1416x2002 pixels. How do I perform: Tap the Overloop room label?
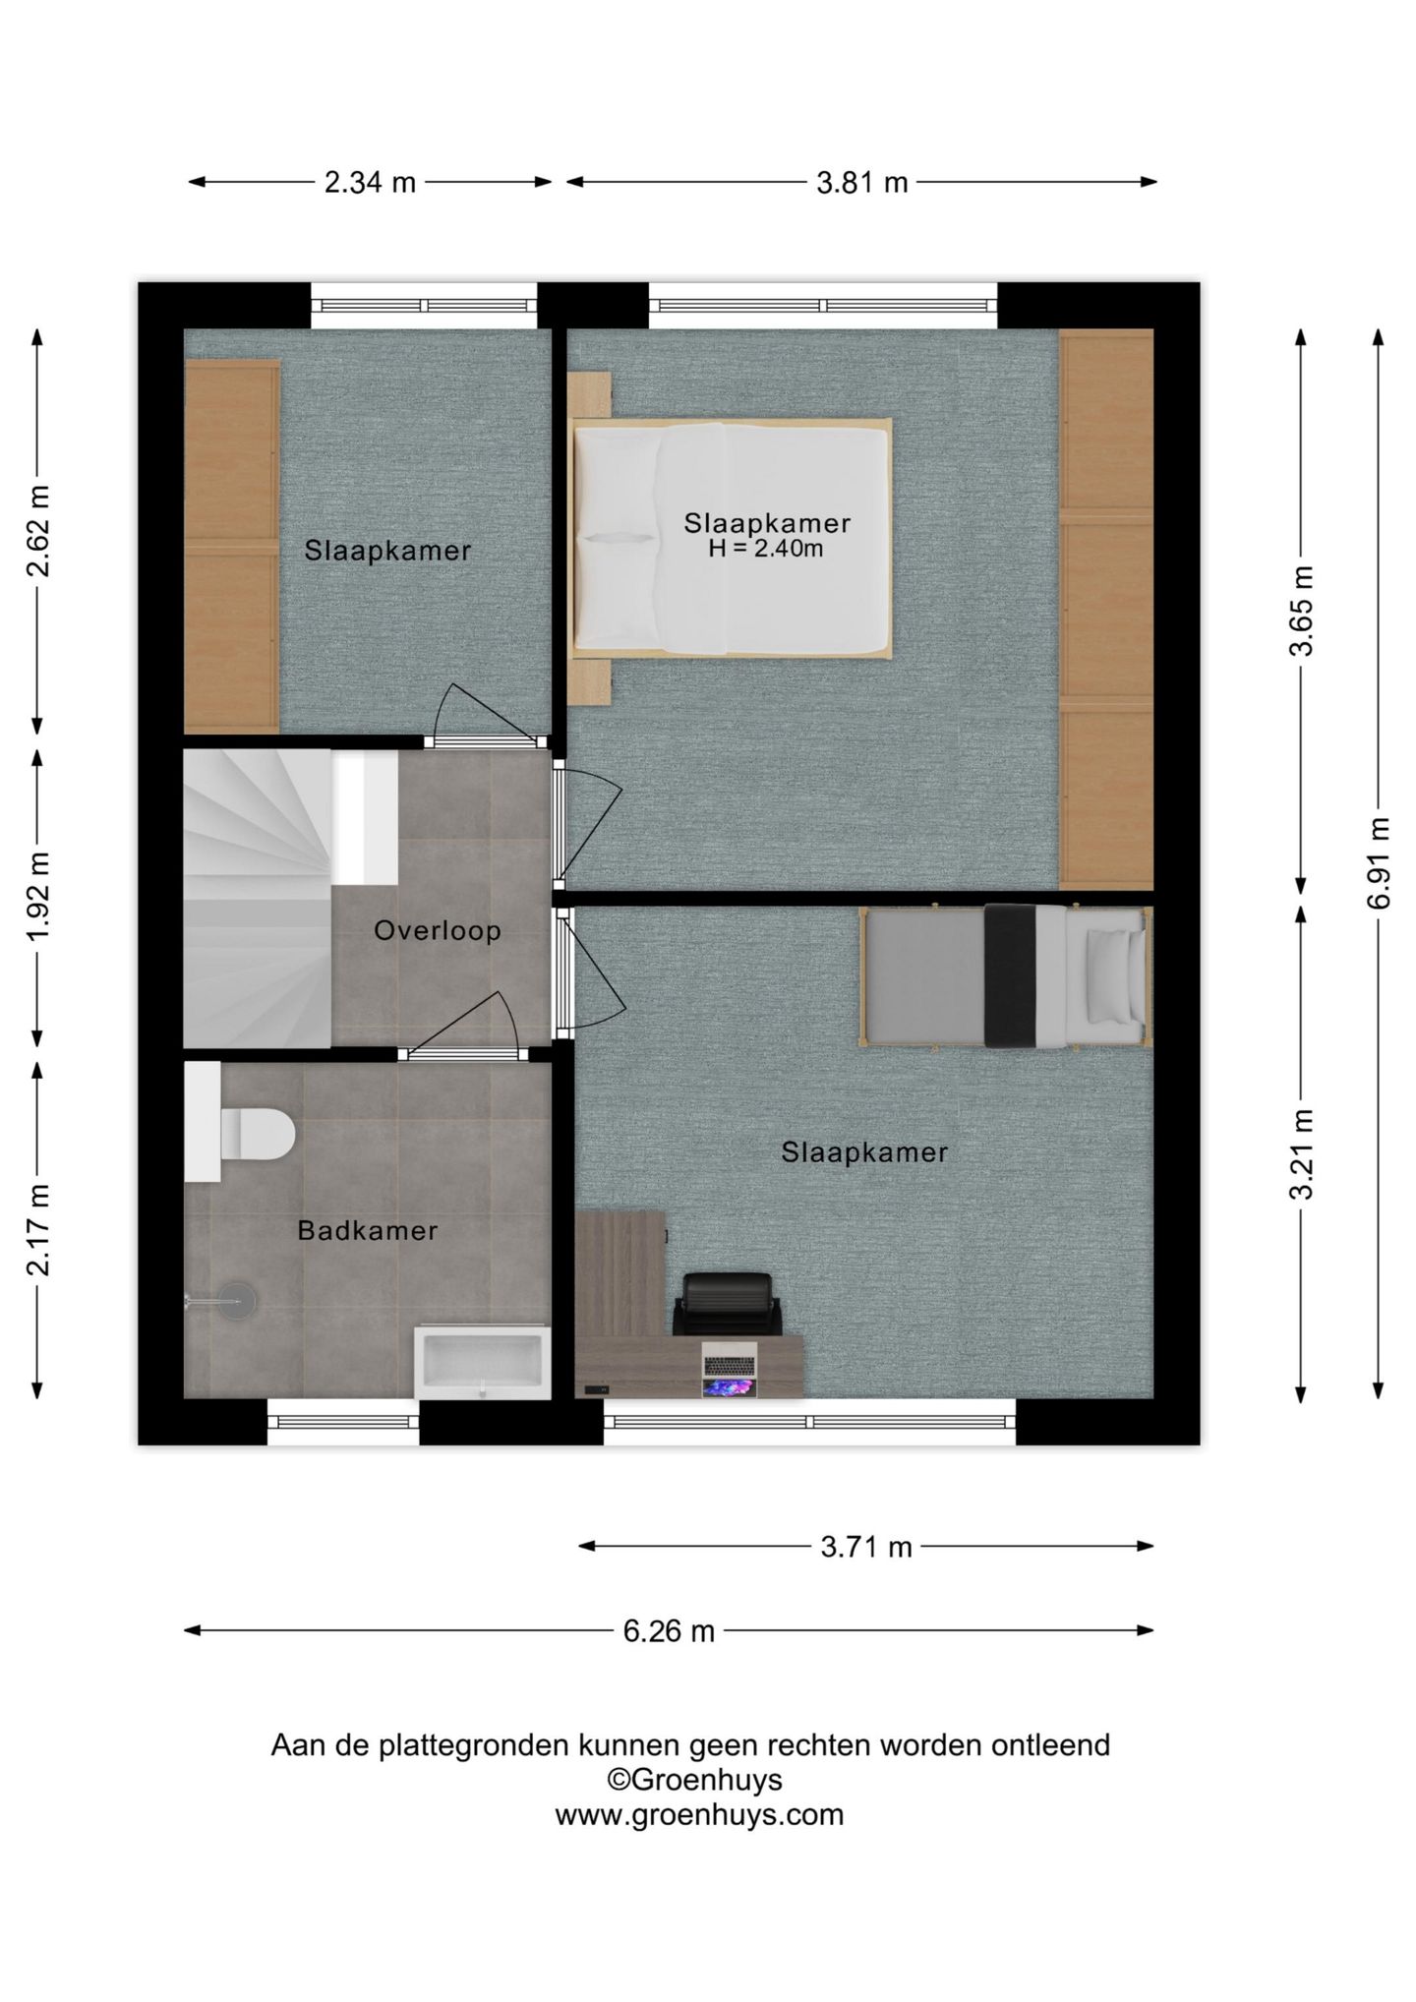(438, 930)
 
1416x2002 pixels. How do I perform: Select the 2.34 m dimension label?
(370, 182)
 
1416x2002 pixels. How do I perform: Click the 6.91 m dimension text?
(1379, 862)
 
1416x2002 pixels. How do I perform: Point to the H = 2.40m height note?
(766, 549)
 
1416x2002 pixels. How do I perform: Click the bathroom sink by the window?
(482, 1362)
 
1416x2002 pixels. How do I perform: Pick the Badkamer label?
(368, 1230)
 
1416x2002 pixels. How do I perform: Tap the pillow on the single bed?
(1111, 975)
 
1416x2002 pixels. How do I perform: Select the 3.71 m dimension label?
(866, 1547)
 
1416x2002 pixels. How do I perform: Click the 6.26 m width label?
(669, 1631)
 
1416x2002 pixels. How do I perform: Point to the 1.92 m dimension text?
(38, 897)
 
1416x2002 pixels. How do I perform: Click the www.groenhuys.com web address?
(699, 1814)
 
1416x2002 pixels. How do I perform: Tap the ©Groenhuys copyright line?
(694, 1780)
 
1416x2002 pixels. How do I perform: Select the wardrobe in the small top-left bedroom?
(232, 547)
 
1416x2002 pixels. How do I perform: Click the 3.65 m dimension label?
(1302, 611)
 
